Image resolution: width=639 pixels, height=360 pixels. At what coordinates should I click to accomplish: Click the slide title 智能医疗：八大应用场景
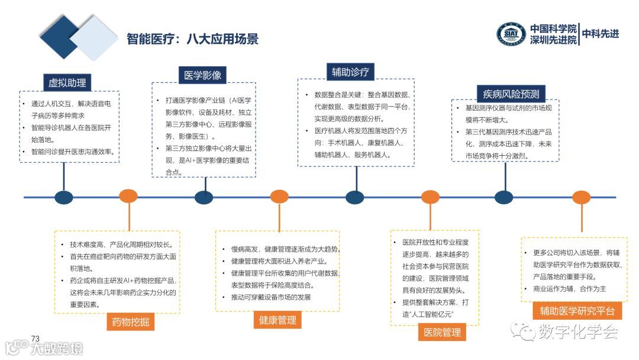pyautogui.click(x=193, y=39)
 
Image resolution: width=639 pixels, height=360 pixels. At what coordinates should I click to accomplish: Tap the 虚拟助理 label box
pyautogui.click(x=67, y=82)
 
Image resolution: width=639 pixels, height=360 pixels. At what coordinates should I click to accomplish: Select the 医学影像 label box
pyautogui.click(x=202, y=75)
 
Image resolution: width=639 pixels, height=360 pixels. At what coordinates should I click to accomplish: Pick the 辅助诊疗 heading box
pyautogui.click(x=350, y=72)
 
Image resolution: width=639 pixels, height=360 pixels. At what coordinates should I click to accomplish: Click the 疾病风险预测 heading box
pyautogui.click(x=511, y=94)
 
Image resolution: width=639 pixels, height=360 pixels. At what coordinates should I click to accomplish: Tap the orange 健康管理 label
pyautogui.click(x=277, y=320)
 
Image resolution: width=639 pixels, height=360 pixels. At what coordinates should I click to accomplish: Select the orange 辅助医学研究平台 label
pyautogui.click(x=577, y=311)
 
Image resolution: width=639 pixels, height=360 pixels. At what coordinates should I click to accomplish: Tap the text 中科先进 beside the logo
pyautogui.click(x=601, y=34)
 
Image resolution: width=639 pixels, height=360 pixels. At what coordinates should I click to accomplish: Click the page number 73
pyautogui.click(x=35, y=338)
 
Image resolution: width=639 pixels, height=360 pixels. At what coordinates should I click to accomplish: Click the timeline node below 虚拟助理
pyautogui.click(x=63, y=197)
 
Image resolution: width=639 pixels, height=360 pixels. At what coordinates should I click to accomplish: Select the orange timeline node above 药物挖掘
pyautogui.click(x=128, y=197)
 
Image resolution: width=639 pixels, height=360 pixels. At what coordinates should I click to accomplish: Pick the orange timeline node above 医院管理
pyautogui.click(x=430, y=197)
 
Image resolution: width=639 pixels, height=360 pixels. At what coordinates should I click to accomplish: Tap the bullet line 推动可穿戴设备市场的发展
pyautogui.click(x=270, y=297)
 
